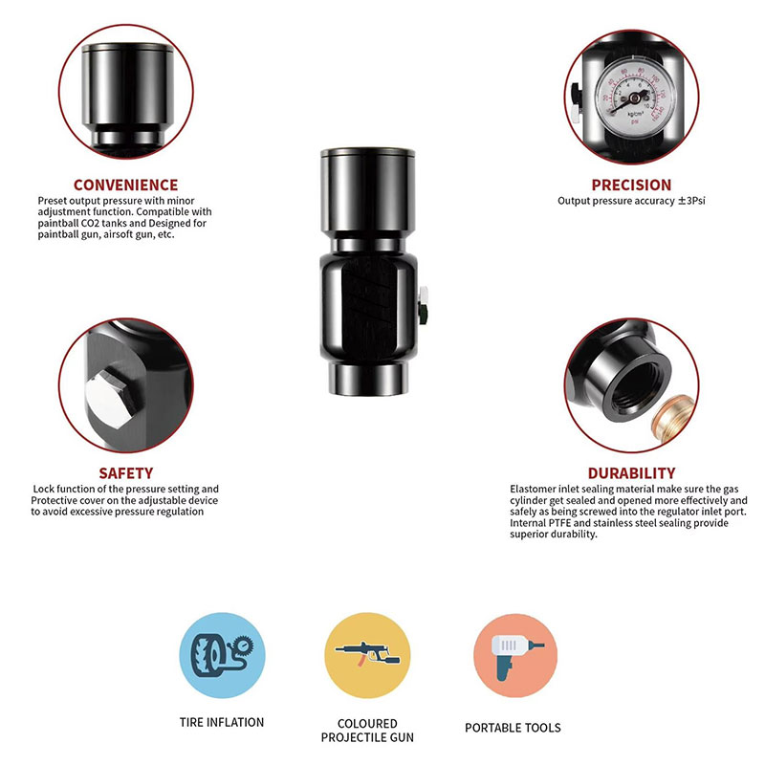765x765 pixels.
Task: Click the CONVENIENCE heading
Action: click(x=126, y=185)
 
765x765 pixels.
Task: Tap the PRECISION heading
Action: click(x=631, y=185)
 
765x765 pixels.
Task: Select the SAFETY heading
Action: click(x=126, y=473)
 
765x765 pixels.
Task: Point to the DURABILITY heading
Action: click(x=631, y=473)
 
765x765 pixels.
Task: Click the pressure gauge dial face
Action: click(x=633, y=98)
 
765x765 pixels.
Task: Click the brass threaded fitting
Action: click(x=674, y=416)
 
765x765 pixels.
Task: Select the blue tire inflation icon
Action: click(x=223, y=655)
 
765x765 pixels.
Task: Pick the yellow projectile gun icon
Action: click(x=367, y=655)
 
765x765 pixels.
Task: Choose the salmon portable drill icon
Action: click(x=515, y=655)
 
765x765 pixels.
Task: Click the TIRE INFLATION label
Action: click(x=222, y=722)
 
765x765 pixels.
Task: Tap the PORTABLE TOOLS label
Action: click(x=513, y=728)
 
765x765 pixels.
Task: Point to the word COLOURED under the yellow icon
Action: click(x=367, y=724)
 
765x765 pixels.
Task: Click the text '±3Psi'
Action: click(x=691, y=201)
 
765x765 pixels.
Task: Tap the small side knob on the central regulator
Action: click(x=423, y=305)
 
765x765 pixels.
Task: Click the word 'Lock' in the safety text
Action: click(x=43, y=489)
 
